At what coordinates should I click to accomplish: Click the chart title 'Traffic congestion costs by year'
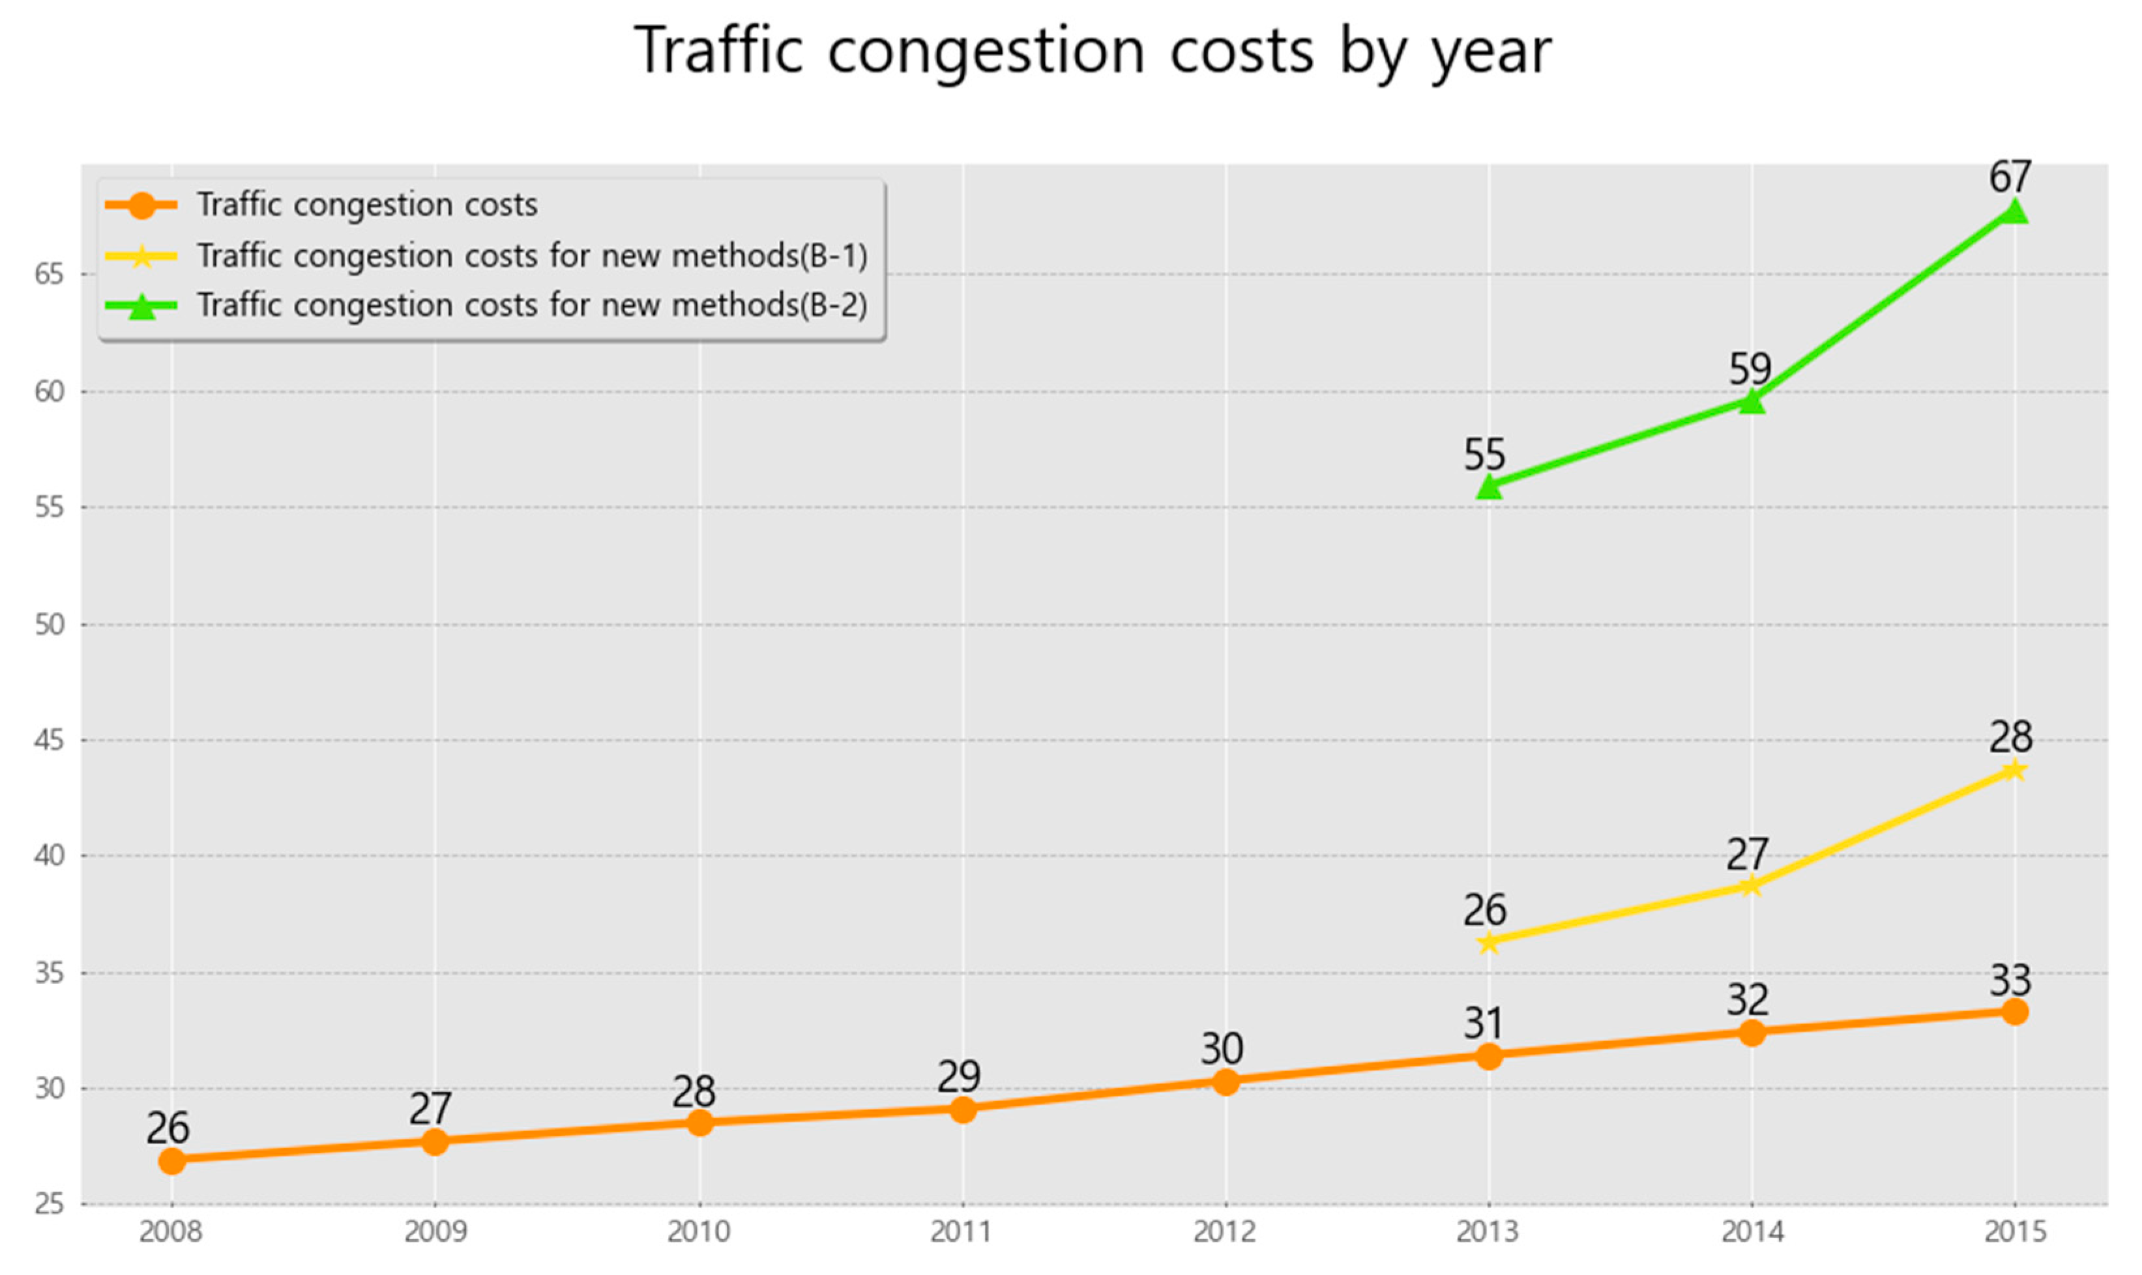point(1092,51)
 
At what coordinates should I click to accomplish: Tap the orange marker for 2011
point(963,1109)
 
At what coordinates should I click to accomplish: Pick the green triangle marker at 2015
point(2014,211)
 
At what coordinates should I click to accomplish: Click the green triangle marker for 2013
point(1489,486)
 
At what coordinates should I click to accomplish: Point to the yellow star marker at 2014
point(1752,885)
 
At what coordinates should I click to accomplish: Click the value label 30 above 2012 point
point(1222,1049)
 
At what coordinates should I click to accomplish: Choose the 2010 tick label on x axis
point(699,1232)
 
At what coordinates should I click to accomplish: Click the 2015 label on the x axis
point(2015,1232)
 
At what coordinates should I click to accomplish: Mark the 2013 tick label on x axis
point(1487,1232)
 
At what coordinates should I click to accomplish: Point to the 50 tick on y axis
point(50,625)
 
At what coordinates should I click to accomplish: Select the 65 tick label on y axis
point(50,274)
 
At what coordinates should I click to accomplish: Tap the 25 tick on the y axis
point(50,1204)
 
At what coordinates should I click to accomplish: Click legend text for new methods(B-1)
point(532,256)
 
